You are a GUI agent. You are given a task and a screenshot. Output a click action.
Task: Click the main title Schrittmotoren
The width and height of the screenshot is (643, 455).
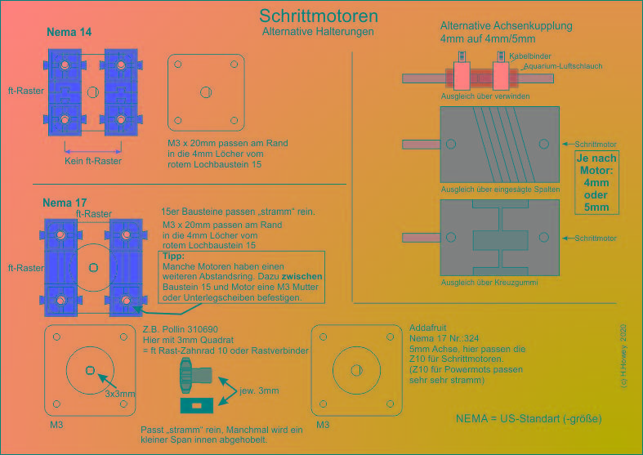318,16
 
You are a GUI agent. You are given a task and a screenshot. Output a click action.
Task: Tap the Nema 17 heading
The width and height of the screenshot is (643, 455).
65,202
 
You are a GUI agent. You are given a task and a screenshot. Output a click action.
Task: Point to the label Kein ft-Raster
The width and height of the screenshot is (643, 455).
92,161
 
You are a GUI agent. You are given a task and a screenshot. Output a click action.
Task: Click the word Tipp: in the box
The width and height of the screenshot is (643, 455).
174,256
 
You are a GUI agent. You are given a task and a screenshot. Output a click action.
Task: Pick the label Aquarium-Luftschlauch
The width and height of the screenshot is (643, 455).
555,65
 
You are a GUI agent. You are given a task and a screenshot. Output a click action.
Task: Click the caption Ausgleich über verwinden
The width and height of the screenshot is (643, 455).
484,96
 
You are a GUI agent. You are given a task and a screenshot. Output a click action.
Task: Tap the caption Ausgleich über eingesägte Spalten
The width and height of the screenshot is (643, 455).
500,189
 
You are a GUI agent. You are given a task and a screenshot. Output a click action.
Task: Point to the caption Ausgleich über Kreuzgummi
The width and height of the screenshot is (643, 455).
489,283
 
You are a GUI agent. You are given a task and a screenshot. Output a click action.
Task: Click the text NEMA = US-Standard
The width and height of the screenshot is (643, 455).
529,418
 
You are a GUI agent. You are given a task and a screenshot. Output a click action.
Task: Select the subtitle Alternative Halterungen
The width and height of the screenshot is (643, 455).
318,32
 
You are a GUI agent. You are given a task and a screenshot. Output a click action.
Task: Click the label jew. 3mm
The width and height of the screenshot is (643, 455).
259,390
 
